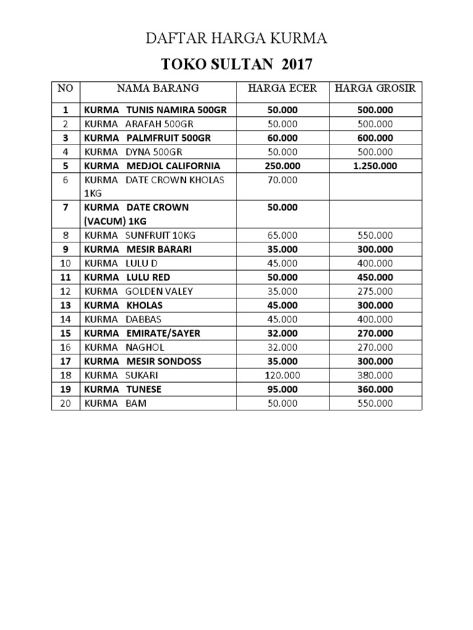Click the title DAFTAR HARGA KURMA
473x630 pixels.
pyautogui.click(x=236, y=40)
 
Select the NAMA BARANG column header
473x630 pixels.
pyautogui.click(x=158, y=89)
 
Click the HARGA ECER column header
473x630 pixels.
pyautogui.click(x=282, y=89)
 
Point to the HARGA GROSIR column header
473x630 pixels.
pyautogui.click(x=375, y=89)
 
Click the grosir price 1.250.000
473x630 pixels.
pyautogui.click(x=375, y=166)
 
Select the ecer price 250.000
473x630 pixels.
pyautogui.click(x=282, y=166)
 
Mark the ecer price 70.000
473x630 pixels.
pyautogui.click(x=282, y=180)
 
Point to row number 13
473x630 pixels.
pyautogui.click(x=65, y=306)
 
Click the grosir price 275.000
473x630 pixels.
pyautogui.click(x=375, y=292)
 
